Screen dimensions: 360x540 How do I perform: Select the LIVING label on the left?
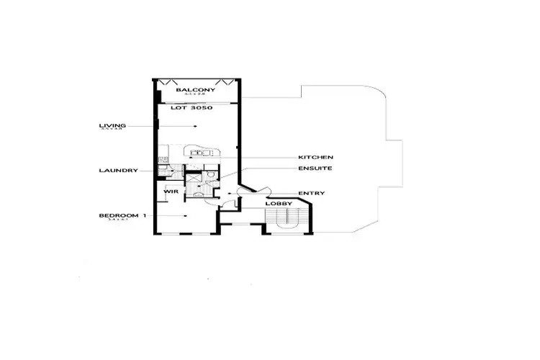point(112,126)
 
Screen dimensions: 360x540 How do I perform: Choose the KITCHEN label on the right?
point(315,157)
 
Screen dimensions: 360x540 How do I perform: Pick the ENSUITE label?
point(315,168)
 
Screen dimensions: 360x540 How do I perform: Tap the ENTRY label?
point(311,193)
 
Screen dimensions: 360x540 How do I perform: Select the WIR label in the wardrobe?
point(171,192)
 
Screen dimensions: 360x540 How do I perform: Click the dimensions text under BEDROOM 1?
point(112,220)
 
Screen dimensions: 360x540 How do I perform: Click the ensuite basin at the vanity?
point(196,192)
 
